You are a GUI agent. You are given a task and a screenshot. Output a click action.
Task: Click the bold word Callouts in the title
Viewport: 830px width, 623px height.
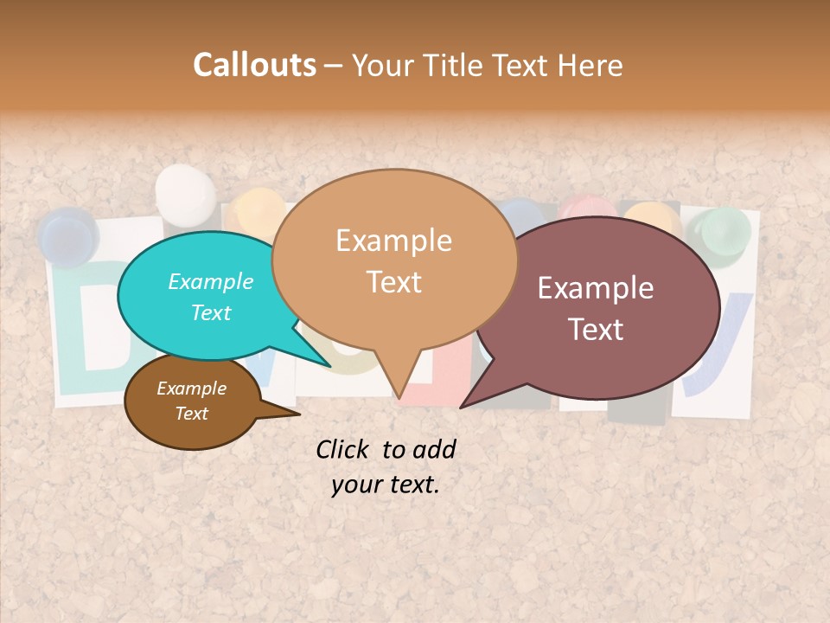click(254, 65)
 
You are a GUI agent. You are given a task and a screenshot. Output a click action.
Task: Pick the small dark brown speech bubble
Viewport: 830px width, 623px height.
click(192, 401)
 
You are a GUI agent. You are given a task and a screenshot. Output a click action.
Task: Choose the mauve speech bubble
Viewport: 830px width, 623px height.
click(605, 307)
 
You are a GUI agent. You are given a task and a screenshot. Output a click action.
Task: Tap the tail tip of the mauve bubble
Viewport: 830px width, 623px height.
click(463, 406)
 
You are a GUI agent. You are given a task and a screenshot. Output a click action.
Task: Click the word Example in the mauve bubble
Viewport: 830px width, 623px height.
click(596, 288)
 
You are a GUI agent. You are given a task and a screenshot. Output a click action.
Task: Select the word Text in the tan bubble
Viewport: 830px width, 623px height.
click(393, 282)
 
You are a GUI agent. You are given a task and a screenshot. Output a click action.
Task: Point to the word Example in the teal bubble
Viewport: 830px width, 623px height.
click(211, 282)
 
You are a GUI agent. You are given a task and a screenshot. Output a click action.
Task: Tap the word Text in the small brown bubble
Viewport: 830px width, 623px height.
click(192, 414)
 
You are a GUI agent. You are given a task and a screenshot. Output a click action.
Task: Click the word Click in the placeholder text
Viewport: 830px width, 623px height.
click(343, 449)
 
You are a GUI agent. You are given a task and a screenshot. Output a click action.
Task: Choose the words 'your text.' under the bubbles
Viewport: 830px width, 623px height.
click(386, 485)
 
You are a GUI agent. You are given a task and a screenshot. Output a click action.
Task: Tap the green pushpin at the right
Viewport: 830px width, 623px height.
click(724, 232)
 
